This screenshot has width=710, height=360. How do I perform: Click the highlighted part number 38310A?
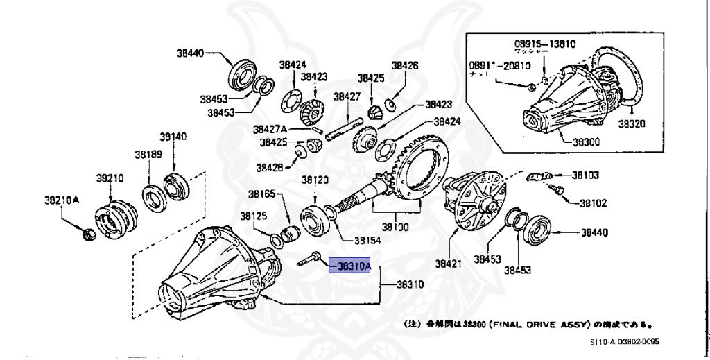[354, 266]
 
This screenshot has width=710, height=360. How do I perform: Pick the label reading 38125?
[254, 216]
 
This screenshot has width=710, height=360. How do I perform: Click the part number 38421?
[449, 264]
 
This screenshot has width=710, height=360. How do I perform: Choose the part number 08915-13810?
[544, 42]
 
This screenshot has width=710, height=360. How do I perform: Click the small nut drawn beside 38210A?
[89, 236]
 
